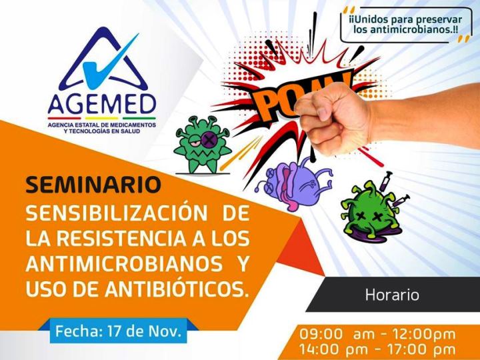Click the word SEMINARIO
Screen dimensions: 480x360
93,184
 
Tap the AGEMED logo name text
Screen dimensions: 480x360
102,103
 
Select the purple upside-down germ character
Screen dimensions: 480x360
294,184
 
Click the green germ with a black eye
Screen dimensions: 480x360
202,145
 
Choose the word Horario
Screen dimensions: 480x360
392,295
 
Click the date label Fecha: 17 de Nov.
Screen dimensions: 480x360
118,331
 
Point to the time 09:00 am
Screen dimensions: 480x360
337,334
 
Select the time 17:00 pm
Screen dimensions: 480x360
421,349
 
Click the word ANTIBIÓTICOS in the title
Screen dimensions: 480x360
177,289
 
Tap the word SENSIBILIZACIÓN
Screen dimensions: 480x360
117,213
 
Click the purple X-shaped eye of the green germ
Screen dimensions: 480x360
209,140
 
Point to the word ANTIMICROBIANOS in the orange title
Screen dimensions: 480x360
124,263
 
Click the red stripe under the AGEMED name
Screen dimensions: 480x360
64,118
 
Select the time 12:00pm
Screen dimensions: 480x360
423,334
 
